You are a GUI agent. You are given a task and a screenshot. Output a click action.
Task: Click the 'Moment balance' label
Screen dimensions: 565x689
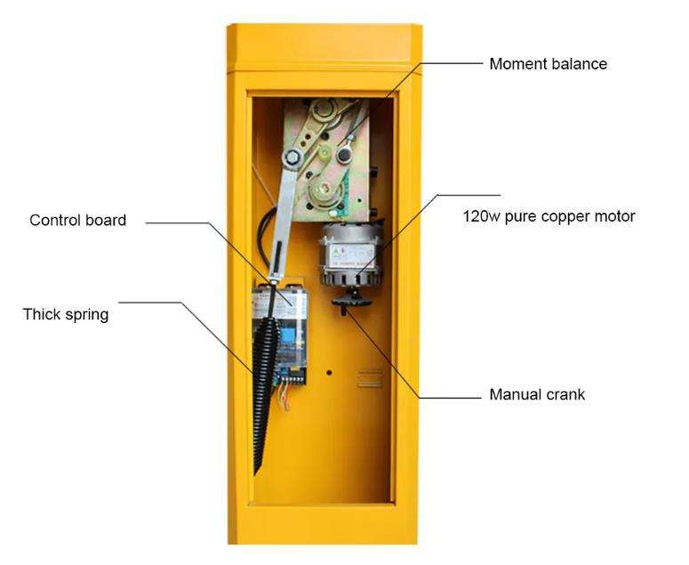[548, 64]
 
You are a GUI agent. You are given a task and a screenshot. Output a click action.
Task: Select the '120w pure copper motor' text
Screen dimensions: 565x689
[549, 216]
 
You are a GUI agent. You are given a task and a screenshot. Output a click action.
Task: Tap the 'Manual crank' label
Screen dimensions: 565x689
[537, 394]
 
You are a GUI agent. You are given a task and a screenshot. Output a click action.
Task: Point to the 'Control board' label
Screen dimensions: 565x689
[78, 220]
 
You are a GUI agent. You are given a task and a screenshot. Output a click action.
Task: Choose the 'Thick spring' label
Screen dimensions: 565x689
[66, 314]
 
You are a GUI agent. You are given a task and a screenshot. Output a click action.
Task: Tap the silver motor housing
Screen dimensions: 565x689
[349, 254]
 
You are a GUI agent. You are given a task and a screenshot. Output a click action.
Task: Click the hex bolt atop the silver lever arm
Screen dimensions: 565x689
[290, 158]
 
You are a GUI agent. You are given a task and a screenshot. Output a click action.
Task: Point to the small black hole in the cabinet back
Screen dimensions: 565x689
[330, 373]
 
